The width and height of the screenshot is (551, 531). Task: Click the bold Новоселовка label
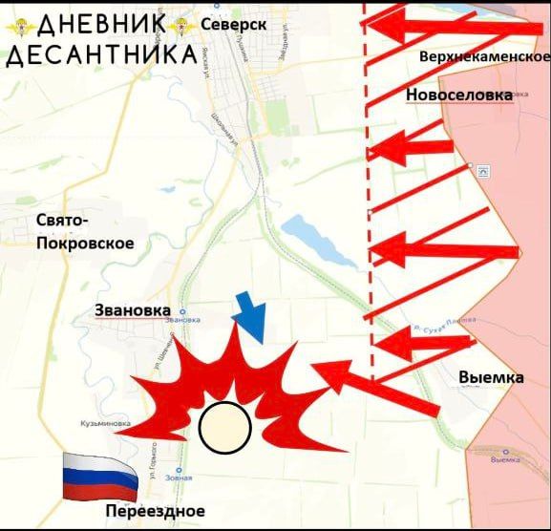[x=458, y=95]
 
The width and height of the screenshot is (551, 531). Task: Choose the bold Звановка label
[x=133, y=310]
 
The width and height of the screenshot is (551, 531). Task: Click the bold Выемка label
[x=491, y=377]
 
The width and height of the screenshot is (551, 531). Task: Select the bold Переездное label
[x=156, y=510]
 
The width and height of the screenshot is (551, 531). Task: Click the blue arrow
[x=251, y=320]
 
